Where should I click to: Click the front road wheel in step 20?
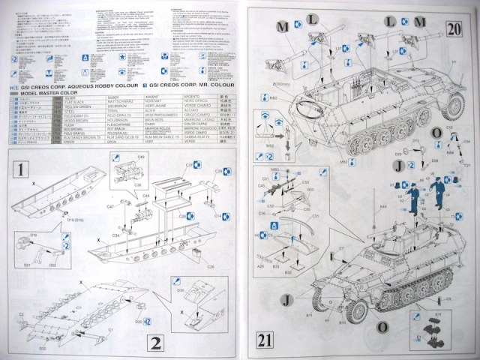[452, 106]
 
